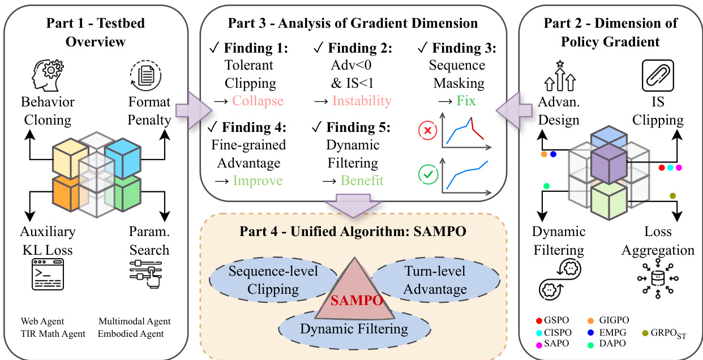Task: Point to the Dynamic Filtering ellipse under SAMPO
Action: coord(354,329)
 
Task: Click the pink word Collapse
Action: coord(258,101)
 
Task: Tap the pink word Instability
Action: coord(362,101)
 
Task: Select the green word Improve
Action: coord(258,181)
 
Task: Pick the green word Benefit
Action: coord(362,181)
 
